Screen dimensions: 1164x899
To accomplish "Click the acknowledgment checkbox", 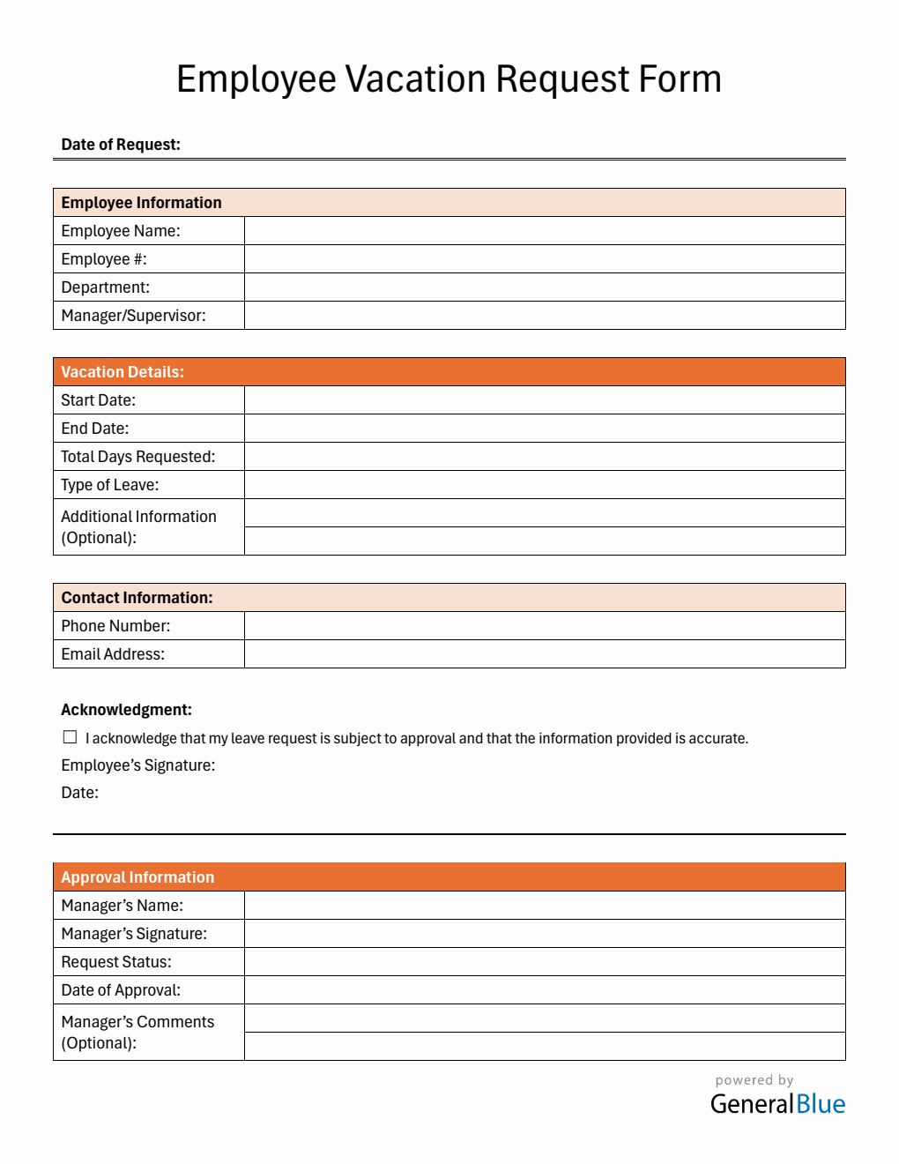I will click(71, 737).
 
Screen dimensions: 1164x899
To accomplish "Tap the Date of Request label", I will click(121, 145).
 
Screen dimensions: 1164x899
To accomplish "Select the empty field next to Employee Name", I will click(544, 231).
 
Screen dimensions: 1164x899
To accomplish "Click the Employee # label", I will click(104, 259).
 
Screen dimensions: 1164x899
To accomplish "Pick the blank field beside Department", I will click(544, 287).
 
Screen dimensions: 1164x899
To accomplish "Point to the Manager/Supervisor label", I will click(133, 316).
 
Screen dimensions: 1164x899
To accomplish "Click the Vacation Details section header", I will click(123, 372).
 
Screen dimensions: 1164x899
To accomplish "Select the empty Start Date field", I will click(544, 400).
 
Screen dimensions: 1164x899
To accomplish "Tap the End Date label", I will click(95, 429).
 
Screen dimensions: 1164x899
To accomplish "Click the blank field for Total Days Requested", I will click(544, 457).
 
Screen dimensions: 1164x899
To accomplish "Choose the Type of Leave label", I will click(110, 485).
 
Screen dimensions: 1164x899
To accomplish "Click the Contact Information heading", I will click(137, 598).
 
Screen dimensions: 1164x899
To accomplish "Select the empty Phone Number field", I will click(544, 626).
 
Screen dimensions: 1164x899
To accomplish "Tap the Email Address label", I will click(113, 654).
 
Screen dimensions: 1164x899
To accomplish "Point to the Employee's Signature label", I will click(137, 765).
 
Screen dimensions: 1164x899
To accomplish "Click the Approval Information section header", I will click(137, 877).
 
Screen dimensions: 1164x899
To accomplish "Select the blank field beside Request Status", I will click(544, 962).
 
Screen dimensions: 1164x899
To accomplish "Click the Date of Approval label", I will click(121, 990).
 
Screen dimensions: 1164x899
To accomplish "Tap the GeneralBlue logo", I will click(777, 1103).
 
